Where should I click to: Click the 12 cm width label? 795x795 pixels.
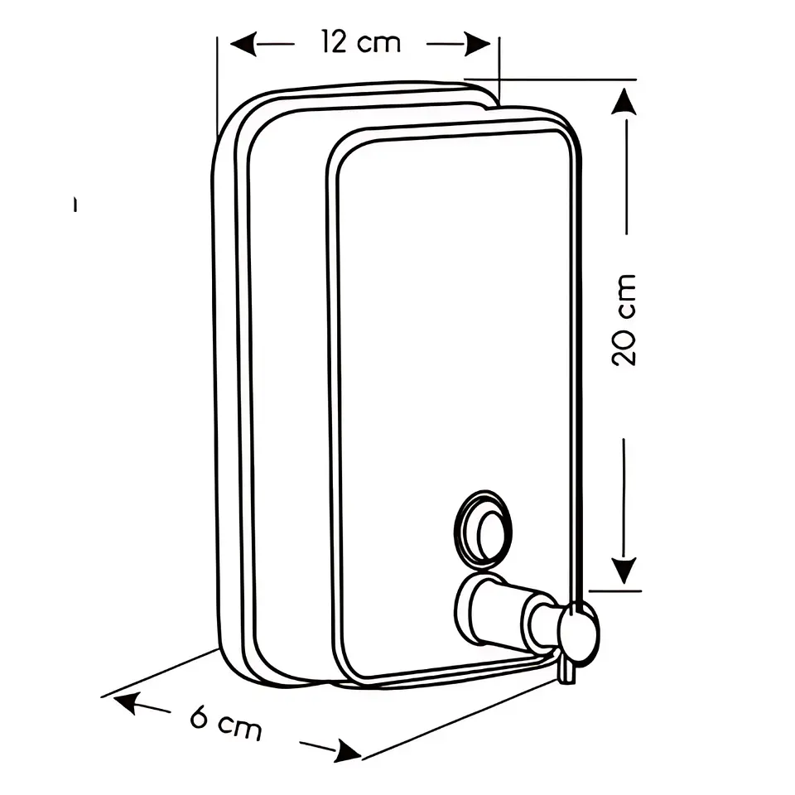coord(361,42)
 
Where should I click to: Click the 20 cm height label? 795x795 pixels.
coord(624,320)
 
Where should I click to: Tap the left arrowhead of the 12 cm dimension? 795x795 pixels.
coord(243,44)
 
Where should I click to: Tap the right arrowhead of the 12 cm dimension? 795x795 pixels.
coord(478,44)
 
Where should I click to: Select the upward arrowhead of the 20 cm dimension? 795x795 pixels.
coord(624,101)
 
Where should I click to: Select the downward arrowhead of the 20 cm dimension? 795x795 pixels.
coord(624,571)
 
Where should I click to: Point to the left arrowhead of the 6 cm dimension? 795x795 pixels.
coord(125,702)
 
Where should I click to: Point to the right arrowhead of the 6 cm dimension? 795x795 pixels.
coord(347,751)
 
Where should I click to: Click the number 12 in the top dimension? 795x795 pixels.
coord(334,42)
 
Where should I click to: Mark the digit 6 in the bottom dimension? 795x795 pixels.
coord(200,717)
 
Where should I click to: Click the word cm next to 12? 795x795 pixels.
coord(379,44)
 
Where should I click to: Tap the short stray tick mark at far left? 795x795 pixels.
coord(75,204)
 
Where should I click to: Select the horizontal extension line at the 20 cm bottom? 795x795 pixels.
coord(615,591)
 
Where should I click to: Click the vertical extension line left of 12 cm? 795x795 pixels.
coord(217,86)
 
